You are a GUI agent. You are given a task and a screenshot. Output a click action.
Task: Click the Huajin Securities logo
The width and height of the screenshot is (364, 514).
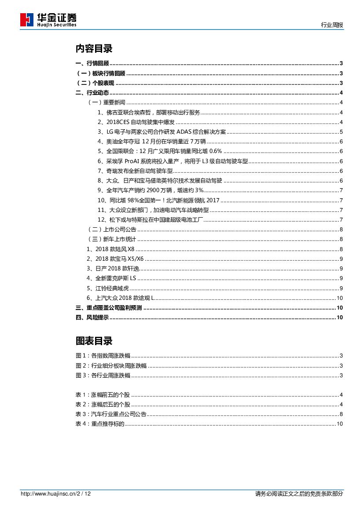click(48, 20)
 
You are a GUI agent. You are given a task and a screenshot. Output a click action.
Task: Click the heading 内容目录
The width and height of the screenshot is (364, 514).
click(94, 48)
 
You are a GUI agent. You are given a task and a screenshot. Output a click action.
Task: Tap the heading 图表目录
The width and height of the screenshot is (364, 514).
click(94, 341)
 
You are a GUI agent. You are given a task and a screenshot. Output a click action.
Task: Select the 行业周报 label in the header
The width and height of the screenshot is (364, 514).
click(332, 26)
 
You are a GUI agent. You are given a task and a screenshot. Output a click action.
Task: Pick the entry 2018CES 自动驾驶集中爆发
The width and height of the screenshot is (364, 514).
click(136, 122)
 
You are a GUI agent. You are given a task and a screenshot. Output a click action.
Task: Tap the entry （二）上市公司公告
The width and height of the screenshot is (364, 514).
click(113, 230)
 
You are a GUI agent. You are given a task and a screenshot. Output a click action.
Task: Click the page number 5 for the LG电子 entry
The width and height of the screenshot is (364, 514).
click(341, 132)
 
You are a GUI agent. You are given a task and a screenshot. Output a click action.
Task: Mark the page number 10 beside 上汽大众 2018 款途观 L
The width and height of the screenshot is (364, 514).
click(339, 298)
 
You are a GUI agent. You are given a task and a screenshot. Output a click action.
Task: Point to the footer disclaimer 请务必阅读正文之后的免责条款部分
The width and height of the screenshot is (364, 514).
click(299, 494)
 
